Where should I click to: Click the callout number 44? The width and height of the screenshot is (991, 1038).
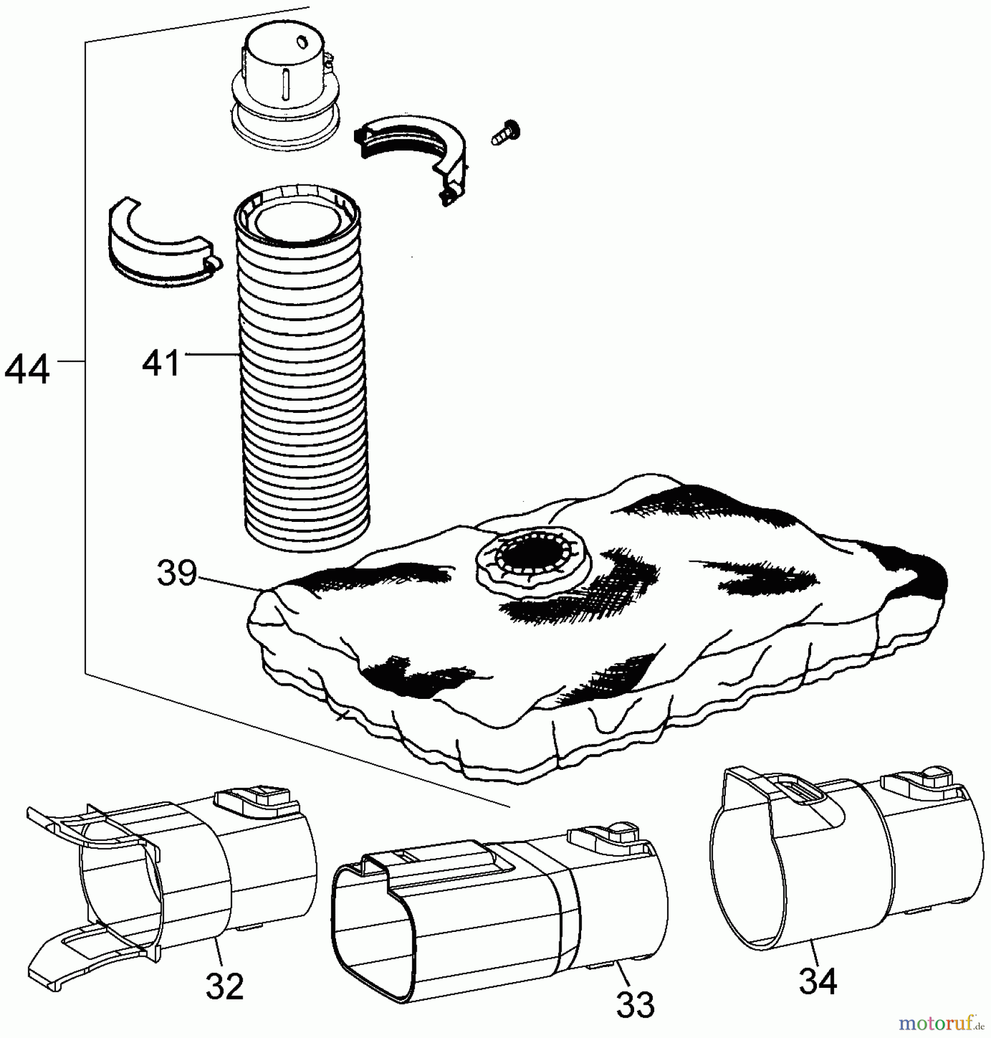[27, 370]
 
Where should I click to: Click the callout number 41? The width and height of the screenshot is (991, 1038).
[161, 363]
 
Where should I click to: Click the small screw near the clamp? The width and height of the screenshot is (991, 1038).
[506, 132]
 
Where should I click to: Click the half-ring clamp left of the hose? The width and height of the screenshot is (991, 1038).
[161, 242]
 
